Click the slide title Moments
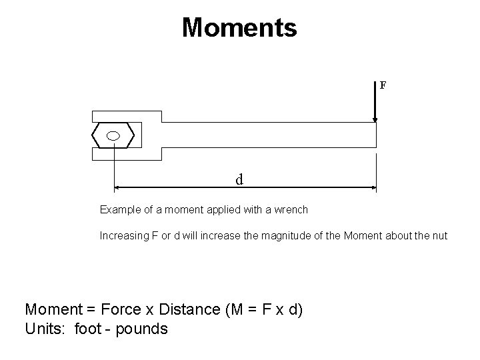click(239, 28)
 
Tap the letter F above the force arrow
click(383, 85)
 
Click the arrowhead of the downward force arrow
click(375, 120)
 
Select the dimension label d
click(239, 179)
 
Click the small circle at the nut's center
click(113, 135)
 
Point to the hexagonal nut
click(100, 135)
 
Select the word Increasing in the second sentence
click(122, 235)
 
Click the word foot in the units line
click(89, 329)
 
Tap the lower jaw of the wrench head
click(127, 154)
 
